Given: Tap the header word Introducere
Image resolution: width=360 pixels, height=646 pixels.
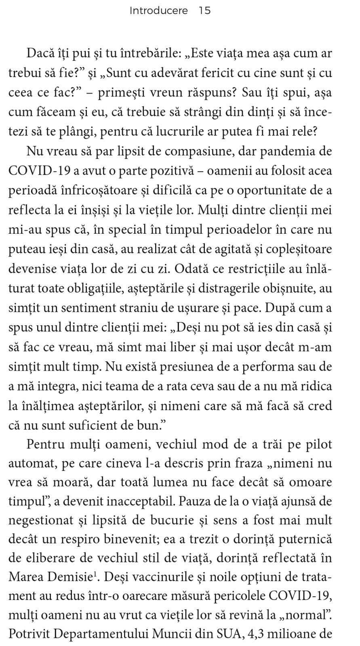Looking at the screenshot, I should (x=159, y=11).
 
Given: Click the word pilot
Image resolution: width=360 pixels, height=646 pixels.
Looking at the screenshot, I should (x=317, y=445).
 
